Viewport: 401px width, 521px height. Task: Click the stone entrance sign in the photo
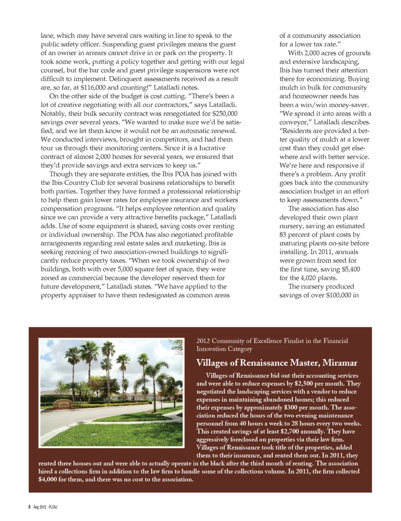pos(62,405)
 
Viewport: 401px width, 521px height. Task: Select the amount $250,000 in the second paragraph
pos(225,113)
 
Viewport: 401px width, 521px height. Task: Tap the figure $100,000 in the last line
pos(330,295)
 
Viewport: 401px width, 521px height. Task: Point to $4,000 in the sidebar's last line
pos(48,480)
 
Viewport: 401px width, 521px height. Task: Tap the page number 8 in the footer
pos(29,507)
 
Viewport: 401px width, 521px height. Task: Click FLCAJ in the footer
pos(53,507)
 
